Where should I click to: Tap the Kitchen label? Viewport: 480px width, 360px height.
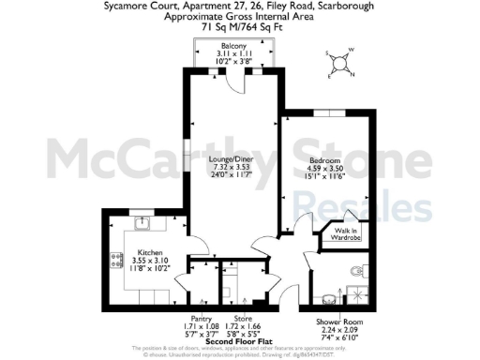coord(152,253)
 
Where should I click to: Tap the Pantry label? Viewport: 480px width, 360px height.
coord(199,318)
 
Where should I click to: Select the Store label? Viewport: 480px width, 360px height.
coord(243,318)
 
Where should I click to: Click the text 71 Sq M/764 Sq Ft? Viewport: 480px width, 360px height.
coord(240,27)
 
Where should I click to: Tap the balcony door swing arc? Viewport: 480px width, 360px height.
coord(227,88)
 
